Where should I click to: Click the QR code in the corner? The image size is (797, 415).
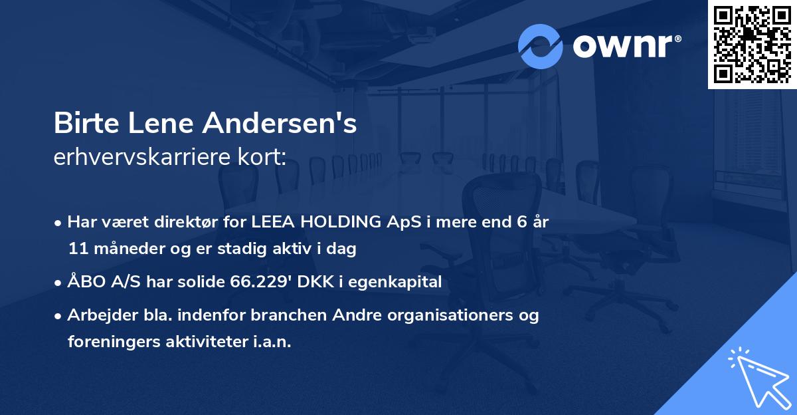coord(752,45)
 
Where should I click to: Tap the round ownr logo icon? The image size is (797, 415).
coord(540,46)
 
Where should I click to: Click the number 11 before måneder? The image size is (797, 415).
coord(76,249)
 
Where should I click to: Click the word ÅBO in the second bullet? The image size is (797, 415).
coord(86,282)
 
